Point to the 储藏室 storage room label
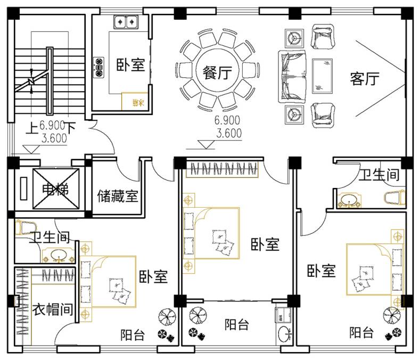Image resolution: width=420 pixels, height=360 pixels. click(x=117, y=197)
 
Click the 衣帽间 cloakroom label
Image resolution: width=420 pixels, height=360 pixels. click(x=52, y=310)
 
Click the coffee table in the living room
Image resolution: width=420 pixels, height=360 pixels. click(x=322, y=73)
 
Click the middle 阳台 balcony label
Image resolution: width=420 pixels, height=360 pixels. click(x=236, y=324)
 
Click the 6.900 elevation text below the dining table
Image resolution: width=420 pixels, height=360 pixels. click(x=227, y=120)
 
